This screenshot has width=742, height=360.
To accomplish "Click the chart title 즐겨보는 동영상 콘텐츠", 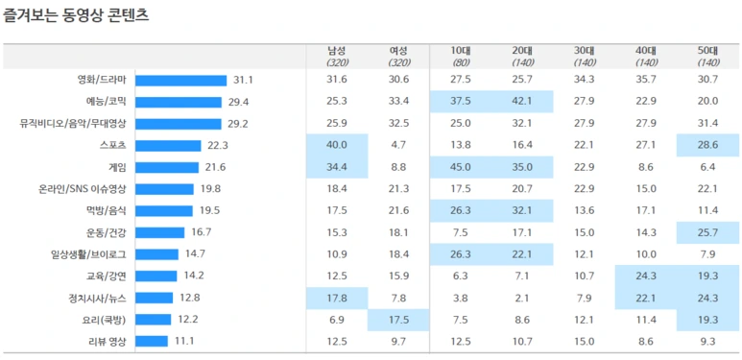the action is point(76,15).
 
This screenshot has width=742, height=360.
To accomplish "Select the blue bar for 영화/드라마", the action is point(181,81).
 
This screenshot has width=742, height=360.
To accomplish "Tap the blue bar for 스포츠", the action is point(168,146).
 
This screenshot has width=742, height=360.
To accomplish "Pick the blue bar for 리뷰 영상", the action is point(152,342).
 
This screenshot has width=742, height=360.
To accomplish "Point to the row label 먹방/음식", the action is point(108,211).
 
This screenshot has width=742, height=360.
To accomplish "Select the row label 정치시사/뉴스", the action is point(99,298).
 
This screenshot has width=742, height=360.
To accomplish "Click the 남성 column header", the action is point(337,51).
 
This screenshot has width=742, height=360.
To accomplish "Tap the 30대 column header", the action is point(584,51).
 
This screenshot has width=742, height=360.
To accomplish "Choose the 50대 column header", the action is point(708,51).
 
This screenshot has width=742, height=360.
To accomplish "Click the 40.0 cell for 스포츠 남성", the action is point(337,145).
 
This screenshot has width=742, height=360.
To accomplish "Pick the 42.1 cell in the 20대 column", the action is point(522,101).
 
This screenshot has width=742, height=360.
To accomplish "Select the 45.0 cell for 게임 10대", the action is point(460,167).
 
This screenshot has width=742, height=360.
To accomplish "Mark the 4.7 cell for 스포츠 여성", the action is point(399,145).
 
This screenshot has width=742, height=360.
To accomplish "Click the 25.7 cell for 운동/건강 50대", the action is point(708,232).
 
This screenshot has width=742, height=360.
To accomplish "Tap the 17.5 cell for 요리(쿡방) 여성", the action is point(399,320).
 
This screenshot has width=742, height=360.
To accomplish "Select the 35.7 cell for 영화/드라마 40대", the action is point(646,80).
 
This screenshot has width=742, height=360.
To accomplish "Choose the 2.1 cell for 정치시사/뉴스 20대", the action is point(522,298).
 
